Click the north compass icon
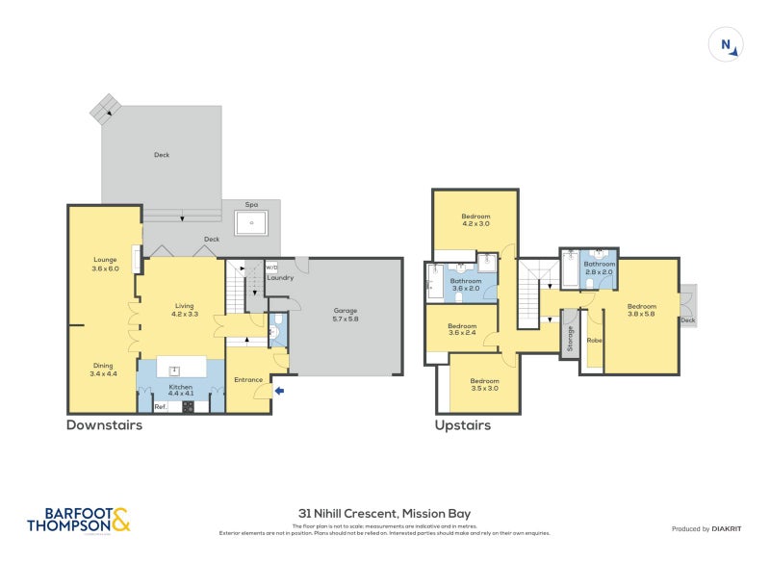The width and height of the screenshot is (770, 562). (x=728, y=45)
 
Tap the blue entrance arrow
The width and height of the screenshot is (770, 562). (x=280, y=390)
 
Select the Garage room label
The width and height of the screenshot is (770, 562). (x=346, y=315)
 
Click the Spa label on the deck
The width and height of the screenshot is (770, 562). (x=252, y=205)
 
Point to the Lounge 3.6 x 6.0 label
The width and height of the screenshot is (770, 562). (x=105, y=264)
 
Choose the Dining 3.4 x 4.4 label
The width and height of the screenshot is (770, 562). (x=103, y=369)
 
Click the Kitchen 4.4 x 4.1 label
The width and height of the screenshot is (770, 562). (x=181, y=389)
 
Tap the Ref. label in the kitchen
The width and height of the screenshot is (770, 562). (x=161, y=407)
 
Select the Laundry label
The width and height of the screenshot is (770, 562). (x=280, y=278)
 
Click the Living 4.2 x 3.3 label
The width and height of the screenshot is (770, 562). (x=184, y=310)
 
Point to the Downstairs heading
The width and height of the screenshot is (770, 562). (x=104, y=425)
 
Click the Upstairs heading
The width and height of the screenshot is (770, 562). (x=463, y=425)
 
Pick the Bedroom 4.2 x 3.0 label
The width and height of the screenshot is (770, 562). (x=475, y=219)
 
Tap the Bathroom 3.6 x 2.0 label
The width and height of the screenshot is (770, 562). (x=466, y=285)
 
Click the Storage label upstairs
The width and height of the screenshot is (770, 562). (x=570, y=338)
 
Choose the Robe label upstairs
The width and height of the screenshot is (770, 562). (x=594, y=340)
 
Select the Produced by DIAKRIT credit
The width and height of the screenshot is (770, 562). (x=710, y=528)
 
